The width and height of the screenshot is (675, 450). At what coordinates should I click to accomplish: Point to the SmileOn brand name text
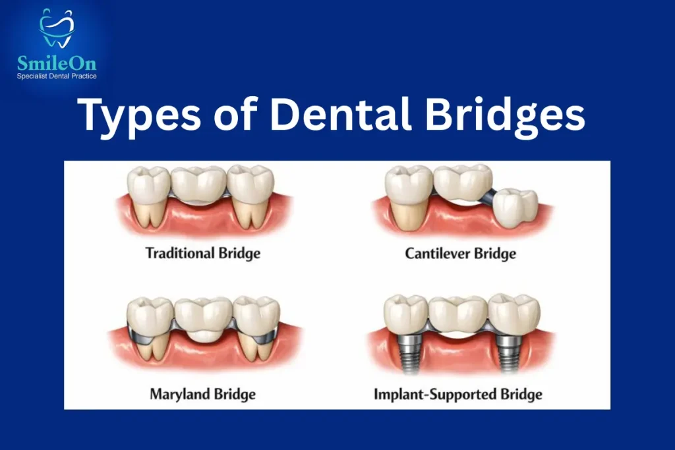[x=56, y=63]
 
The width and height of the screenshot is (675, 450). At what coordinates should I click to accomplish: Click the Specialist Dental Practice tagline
[x=57, y=76]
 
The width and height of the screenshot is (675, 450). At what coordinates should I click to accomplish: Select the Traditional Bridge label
[x=202, y=252]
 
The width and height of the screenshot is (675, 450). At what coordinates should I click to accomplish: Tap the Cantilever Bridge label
[x=460, y=253]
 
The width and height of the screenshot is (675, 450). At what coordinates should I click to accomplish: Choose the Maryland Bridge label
[x=202, y=395]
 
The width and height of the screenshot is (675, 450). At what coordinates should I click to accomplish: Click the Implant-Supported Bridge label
[x=457, y=395]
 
